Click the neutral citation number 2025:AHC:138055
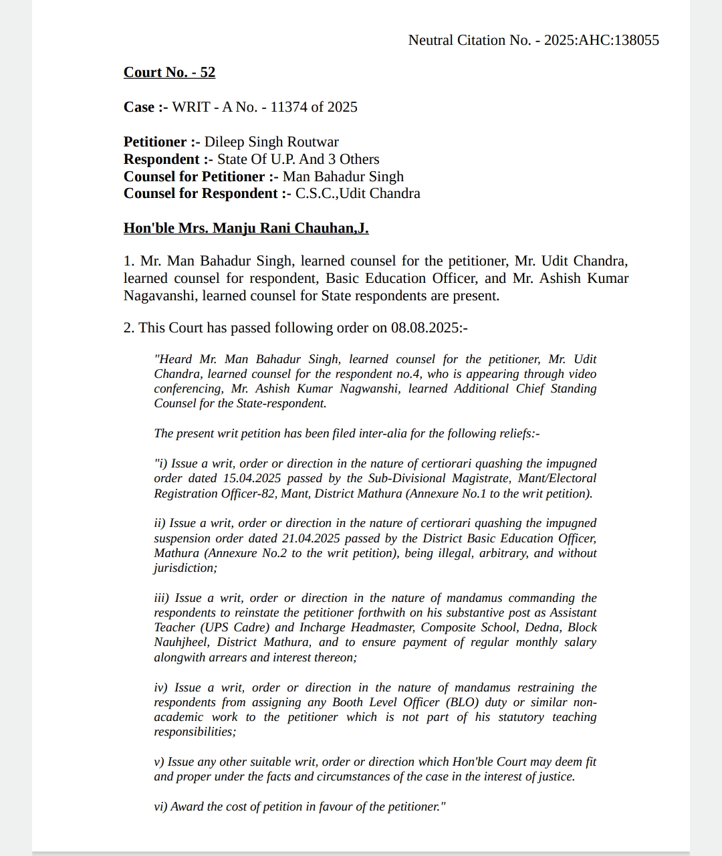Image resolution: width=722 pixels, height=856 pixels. [601, 40]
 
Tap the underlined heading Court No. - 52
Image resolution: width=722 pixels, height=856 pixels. [169, 72]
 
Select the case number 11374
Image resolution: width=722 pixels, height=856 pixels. [289, 107]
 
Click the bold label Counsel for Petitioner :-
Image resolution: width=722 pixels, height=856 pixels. [201, 177]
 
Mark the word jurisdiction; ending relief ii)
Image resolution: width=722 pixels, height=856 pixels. [186, 568]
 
